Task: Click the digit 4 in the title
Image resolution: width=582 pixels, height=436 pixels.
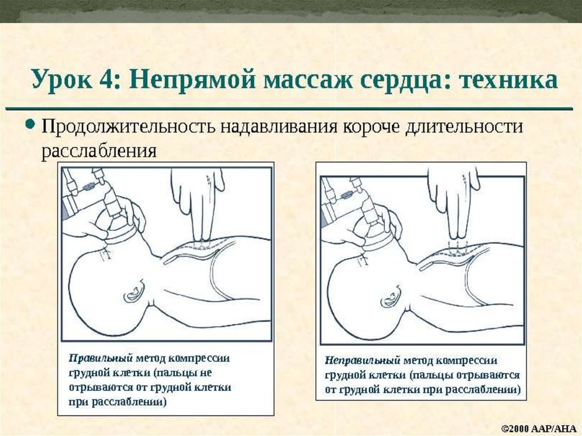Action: click(105, 79)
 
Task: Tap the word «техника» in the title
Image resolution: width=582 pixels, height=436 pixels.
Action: click(509, 80)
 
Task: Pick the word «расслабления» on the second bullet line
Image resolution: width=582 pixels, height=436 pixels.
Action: click(99, 151)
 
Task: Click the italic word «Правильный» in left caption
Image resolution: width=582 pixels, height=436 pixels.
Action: click(101, 359)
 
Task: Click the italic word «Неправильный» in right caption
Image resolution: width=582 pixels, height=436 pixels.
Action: click(363, 360)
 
